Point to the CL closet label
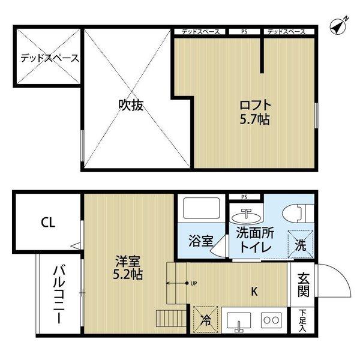48,223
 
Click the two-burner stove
271,320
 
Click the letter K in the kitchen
254,292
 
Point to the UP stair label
193,283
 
